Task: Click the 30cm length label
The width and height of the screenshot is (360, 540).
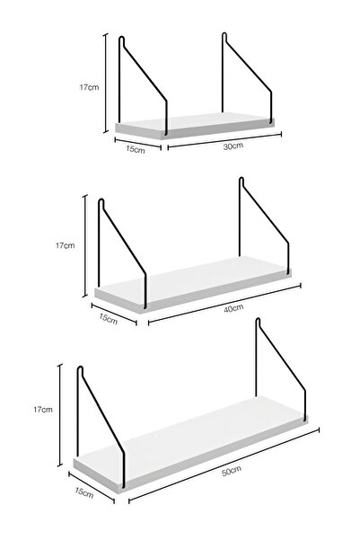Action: click(233, 146)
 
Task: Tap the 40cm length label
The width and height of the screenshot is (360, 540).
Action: click(233, 308)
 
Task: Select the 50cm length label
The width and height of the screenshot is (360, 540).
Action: click(231, 471)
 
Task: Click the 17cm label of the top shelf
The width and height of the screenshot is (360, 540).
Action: click(89, 87)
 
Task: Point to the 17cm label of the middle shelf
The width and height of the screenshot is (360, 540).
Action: click(65, 245)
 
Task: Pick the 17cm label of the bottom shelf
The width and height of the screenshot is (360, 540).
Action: click(43, 410)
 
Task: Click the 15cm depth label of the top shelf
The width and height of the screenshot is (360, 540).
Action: click(136, 149)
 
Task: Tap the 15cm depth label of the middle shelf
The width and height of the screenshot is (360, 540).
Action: click(108, 319)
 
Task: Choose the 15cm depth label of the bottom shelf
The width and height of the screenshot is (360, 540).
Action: click(84, 492)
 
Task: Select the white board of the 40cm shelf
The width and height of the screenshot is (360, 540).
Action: click(193, 283)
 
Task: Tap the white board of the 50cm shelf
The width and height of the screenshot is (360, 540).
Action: click(190, 443)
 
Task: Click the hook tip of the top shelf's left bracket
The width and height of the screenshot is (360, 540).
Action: click(121, 37)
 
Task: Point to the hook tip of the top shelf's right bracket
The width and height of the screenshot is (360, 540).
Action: click(224, 33)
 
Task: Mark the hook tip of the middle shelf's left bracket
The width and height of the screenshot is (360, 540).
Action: click(101, 199)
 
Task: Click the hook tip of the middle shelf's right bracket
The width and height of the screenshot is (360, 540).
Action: click(241, 178)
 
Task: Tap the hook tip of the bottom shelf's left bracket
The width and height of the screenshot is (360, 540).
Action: click(80, 367)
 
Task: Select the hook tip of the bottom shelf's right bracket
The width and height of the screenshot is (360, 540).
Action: click(258, 320)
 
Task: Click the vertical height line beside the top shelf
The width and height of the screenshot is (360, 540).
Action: click(106, 83)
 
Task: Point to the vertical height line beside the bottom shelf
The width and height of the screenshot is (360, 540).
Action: click(60, 415)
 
